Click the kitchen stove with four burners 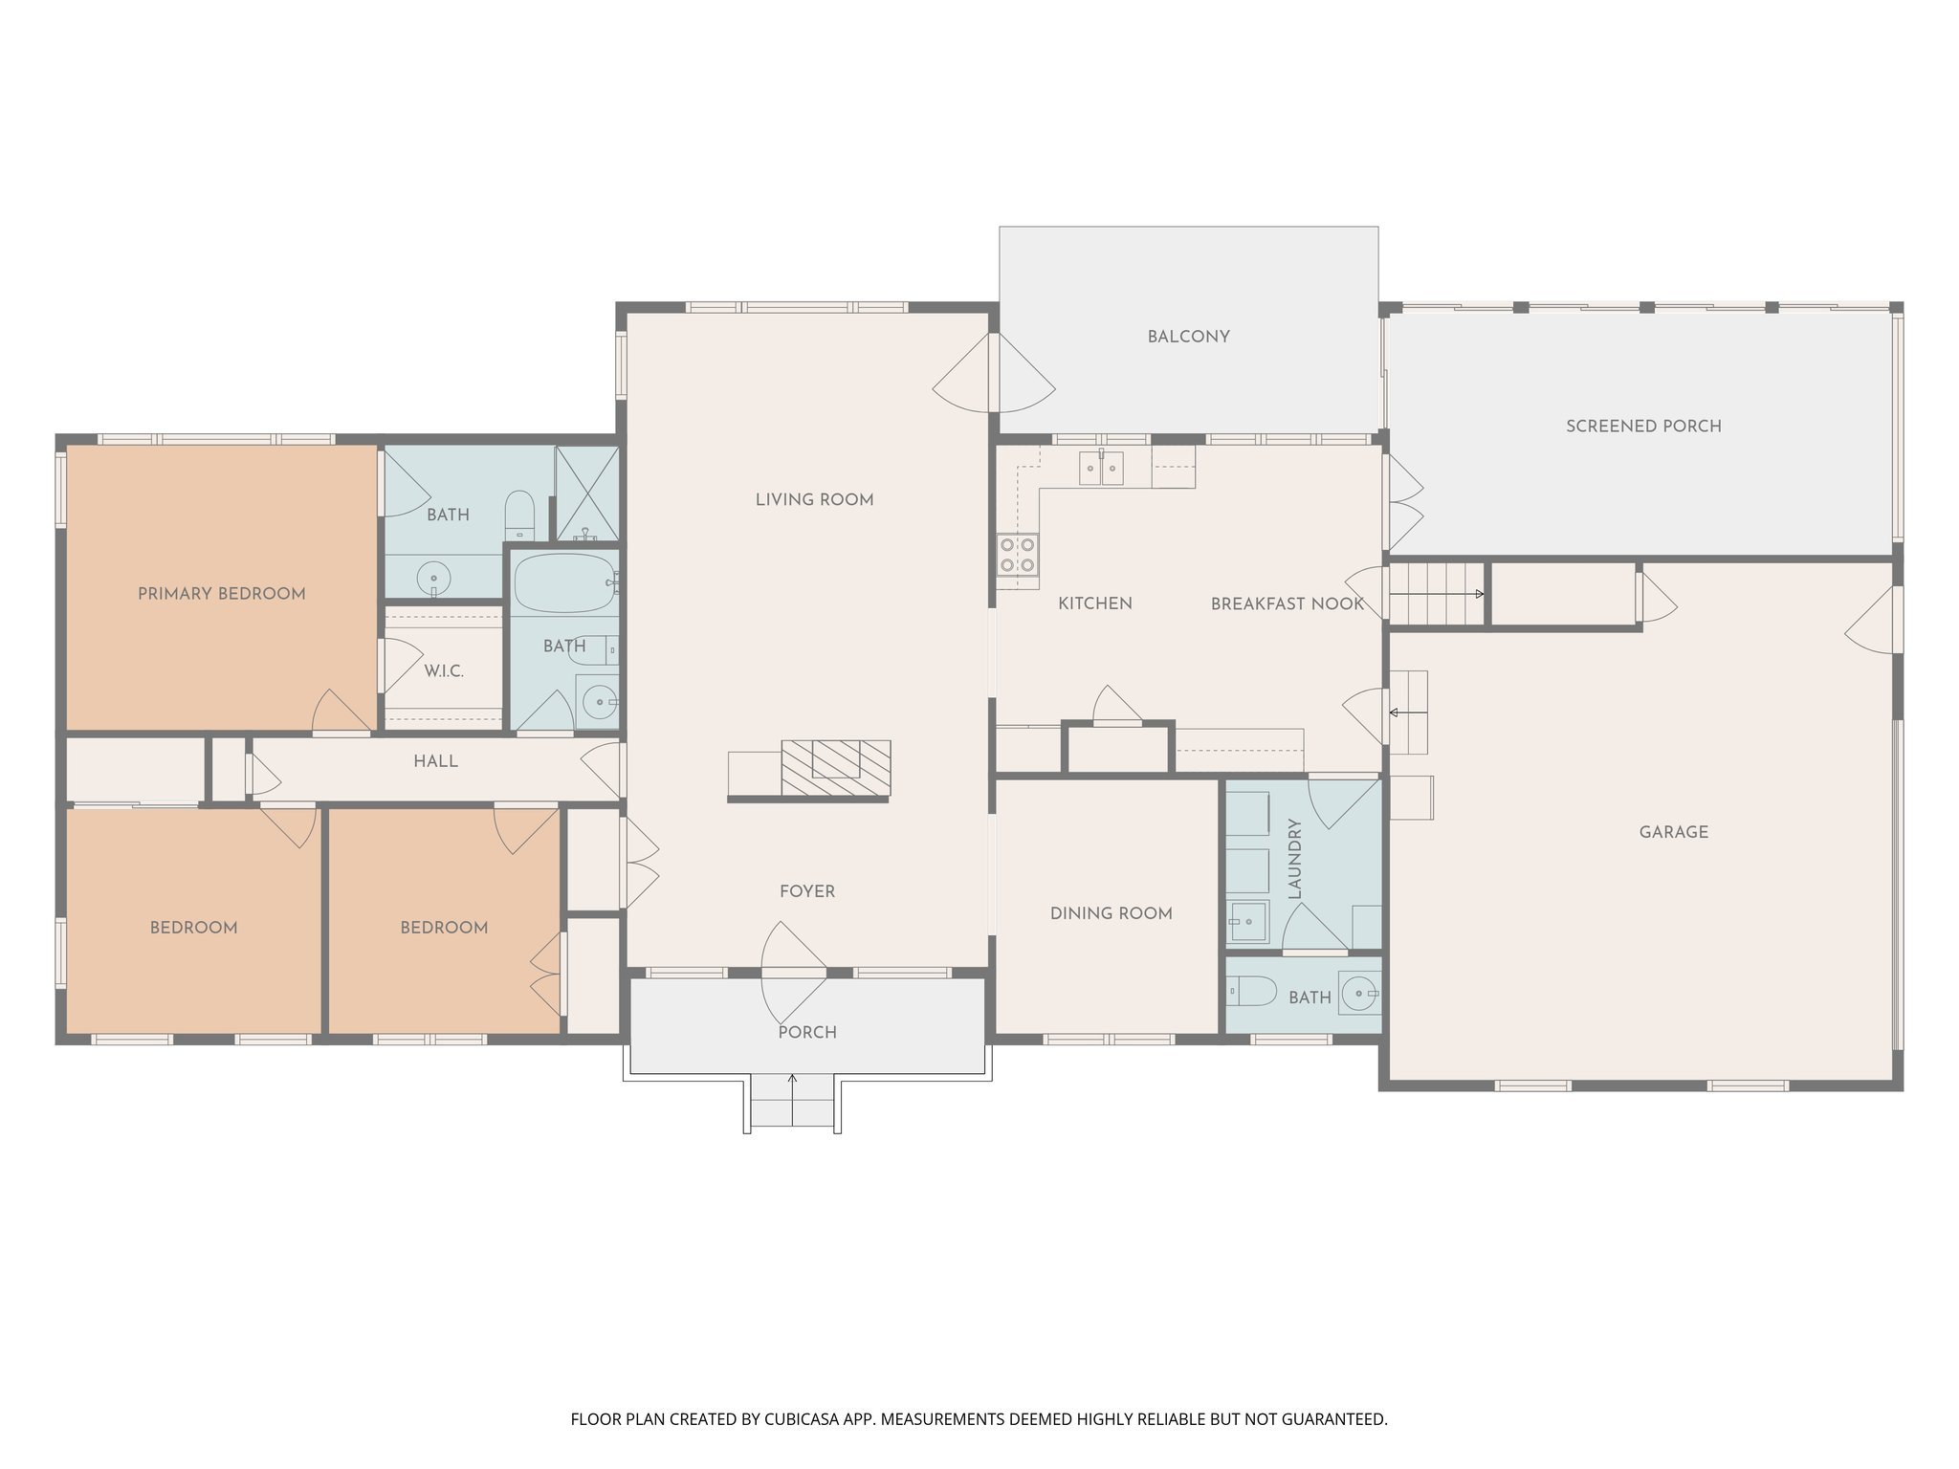pos(1017,556)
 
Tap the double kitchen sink pos(1100,469)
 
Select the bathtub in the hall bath pos(564,582)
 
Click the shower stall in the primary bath pos(586,493)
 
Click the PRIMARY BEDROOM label pos(222,594)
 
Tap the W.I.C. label pos(444,671)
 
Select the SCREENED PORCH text pos(1643,427)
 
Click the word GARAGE pos(1673,832)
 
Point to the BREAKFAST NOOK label pos(1287,604)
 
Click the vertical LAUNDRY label pos(1296,858)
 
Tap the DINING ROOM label pos(1111,913)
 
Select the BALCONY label pos(1188,337)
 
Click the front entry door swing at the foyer pos(792,971)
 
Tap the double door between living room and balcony pos(994,373)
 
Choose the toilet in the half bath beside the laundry pos(1251,992)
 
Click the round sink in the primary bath pos(434,579)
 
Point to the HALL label pos(435,762)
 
